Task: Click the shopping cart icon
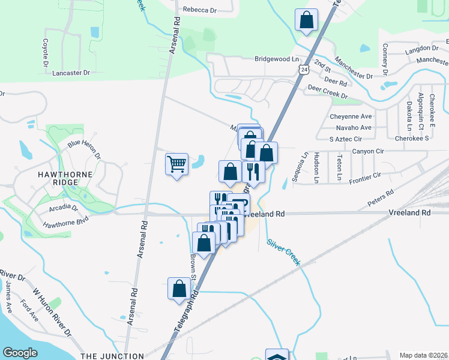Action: point(177,163)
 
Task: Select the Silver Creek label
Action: point(283,252)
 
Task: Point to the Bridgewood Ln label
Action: point(276,59)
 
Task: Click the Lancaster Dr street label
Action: point(71,73)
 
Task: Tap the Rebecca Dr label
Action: point(199,10)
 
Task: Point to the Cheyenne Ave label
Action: point(351,116)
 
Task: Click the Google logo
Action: point(20,353)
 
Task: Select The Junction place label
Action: point(112,356)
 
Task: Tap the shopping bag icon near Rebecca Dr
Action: point(307,20)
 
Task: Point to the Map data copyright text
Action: point(423,355)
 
